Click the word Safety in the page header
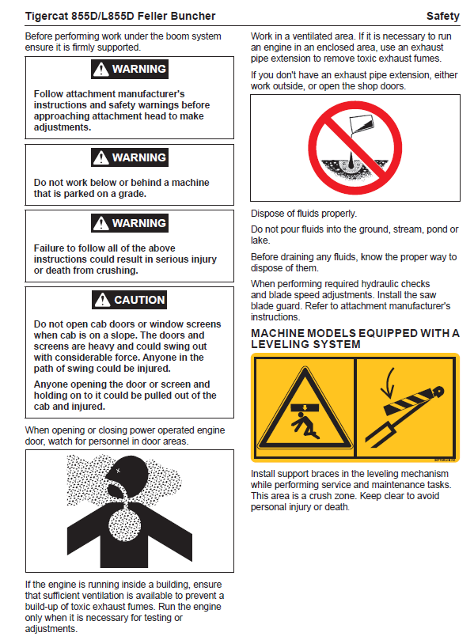pyautogui.click(x=442, y=16)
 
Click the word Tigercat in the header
pyautogui.click(x=47, y=17)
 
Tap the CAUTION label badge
pyautogui.click(x=130, y=300)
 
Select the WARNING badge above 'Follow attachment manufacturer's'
pyautogui.click(x=130, y=69)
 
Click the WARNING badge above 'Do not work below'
pyautogui.click(x=130, y=157)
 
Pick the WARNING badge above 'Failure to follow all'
pyautogui.click(x=130, y=223)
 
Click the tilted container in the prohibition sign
pyautogui.click(x=361, y=124)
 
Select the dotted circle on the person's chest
pyautogui.click(x=124, y=525)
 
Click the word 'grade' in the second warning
pyautogui.click(x=132, y=194)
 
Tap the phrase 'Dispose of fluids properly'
pyautogui.click(x=304, y=214)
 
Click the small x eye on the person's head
pyautogui.click(x=119, y=471)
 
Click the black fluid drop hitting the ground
pyautogui.click(x=351, y=161)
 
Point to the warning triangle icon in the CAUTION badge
pyautogui.click(x=102, y=300)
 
